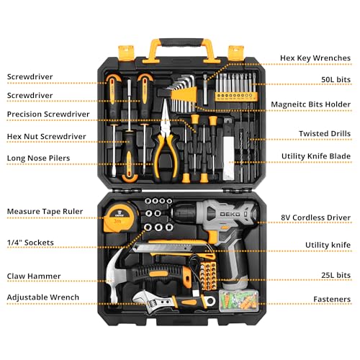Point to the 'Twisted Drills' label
(325, 133)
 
